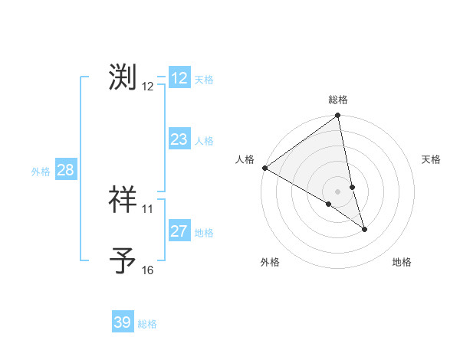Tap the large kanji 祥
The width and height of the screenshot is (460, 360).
click(123, 199)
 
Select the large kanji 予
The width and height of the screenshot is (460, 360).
click(123, 260)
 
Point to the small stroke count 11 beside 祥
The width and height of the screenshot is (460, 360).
click(148, 208)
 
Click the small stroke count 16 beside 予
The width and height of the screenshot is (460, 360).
click(148, 270)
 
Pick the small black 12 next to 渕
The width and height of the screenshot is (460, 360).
click(148, 86)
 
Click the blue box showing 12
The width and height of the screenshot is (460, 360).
click(179, 78)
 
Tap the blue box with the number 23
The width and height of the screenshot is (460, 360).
click(179, 139)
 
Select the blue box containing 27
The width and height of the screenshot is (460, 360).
click(179, 231)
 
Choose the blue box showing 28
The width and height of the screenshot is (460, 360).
click(65, 170)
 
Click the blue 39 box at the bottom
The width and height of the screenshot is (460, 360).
click(122, 322)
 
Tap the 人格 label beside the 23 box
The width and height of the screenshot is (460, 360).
click(204, 141)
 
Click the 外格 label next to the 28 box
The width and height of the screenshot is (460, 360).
click(41, 172)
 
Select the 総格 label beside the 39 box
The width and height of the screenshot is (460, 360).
click(147, 324)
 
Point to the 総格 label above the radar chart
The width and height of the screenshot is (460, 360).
click(338, 100)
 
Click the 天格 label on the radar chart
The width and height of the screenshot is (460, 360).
click(432, 159)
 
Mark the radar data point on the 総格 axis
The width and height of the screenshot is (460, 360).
click(338, 116)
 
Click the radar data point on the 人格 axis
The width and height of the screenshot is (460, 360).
click(264, 168)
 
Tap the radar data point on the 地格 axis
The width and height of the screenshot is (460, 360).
click(364, 229)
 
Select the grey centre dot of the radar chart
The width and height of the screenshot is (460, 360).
click(338, 191)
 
